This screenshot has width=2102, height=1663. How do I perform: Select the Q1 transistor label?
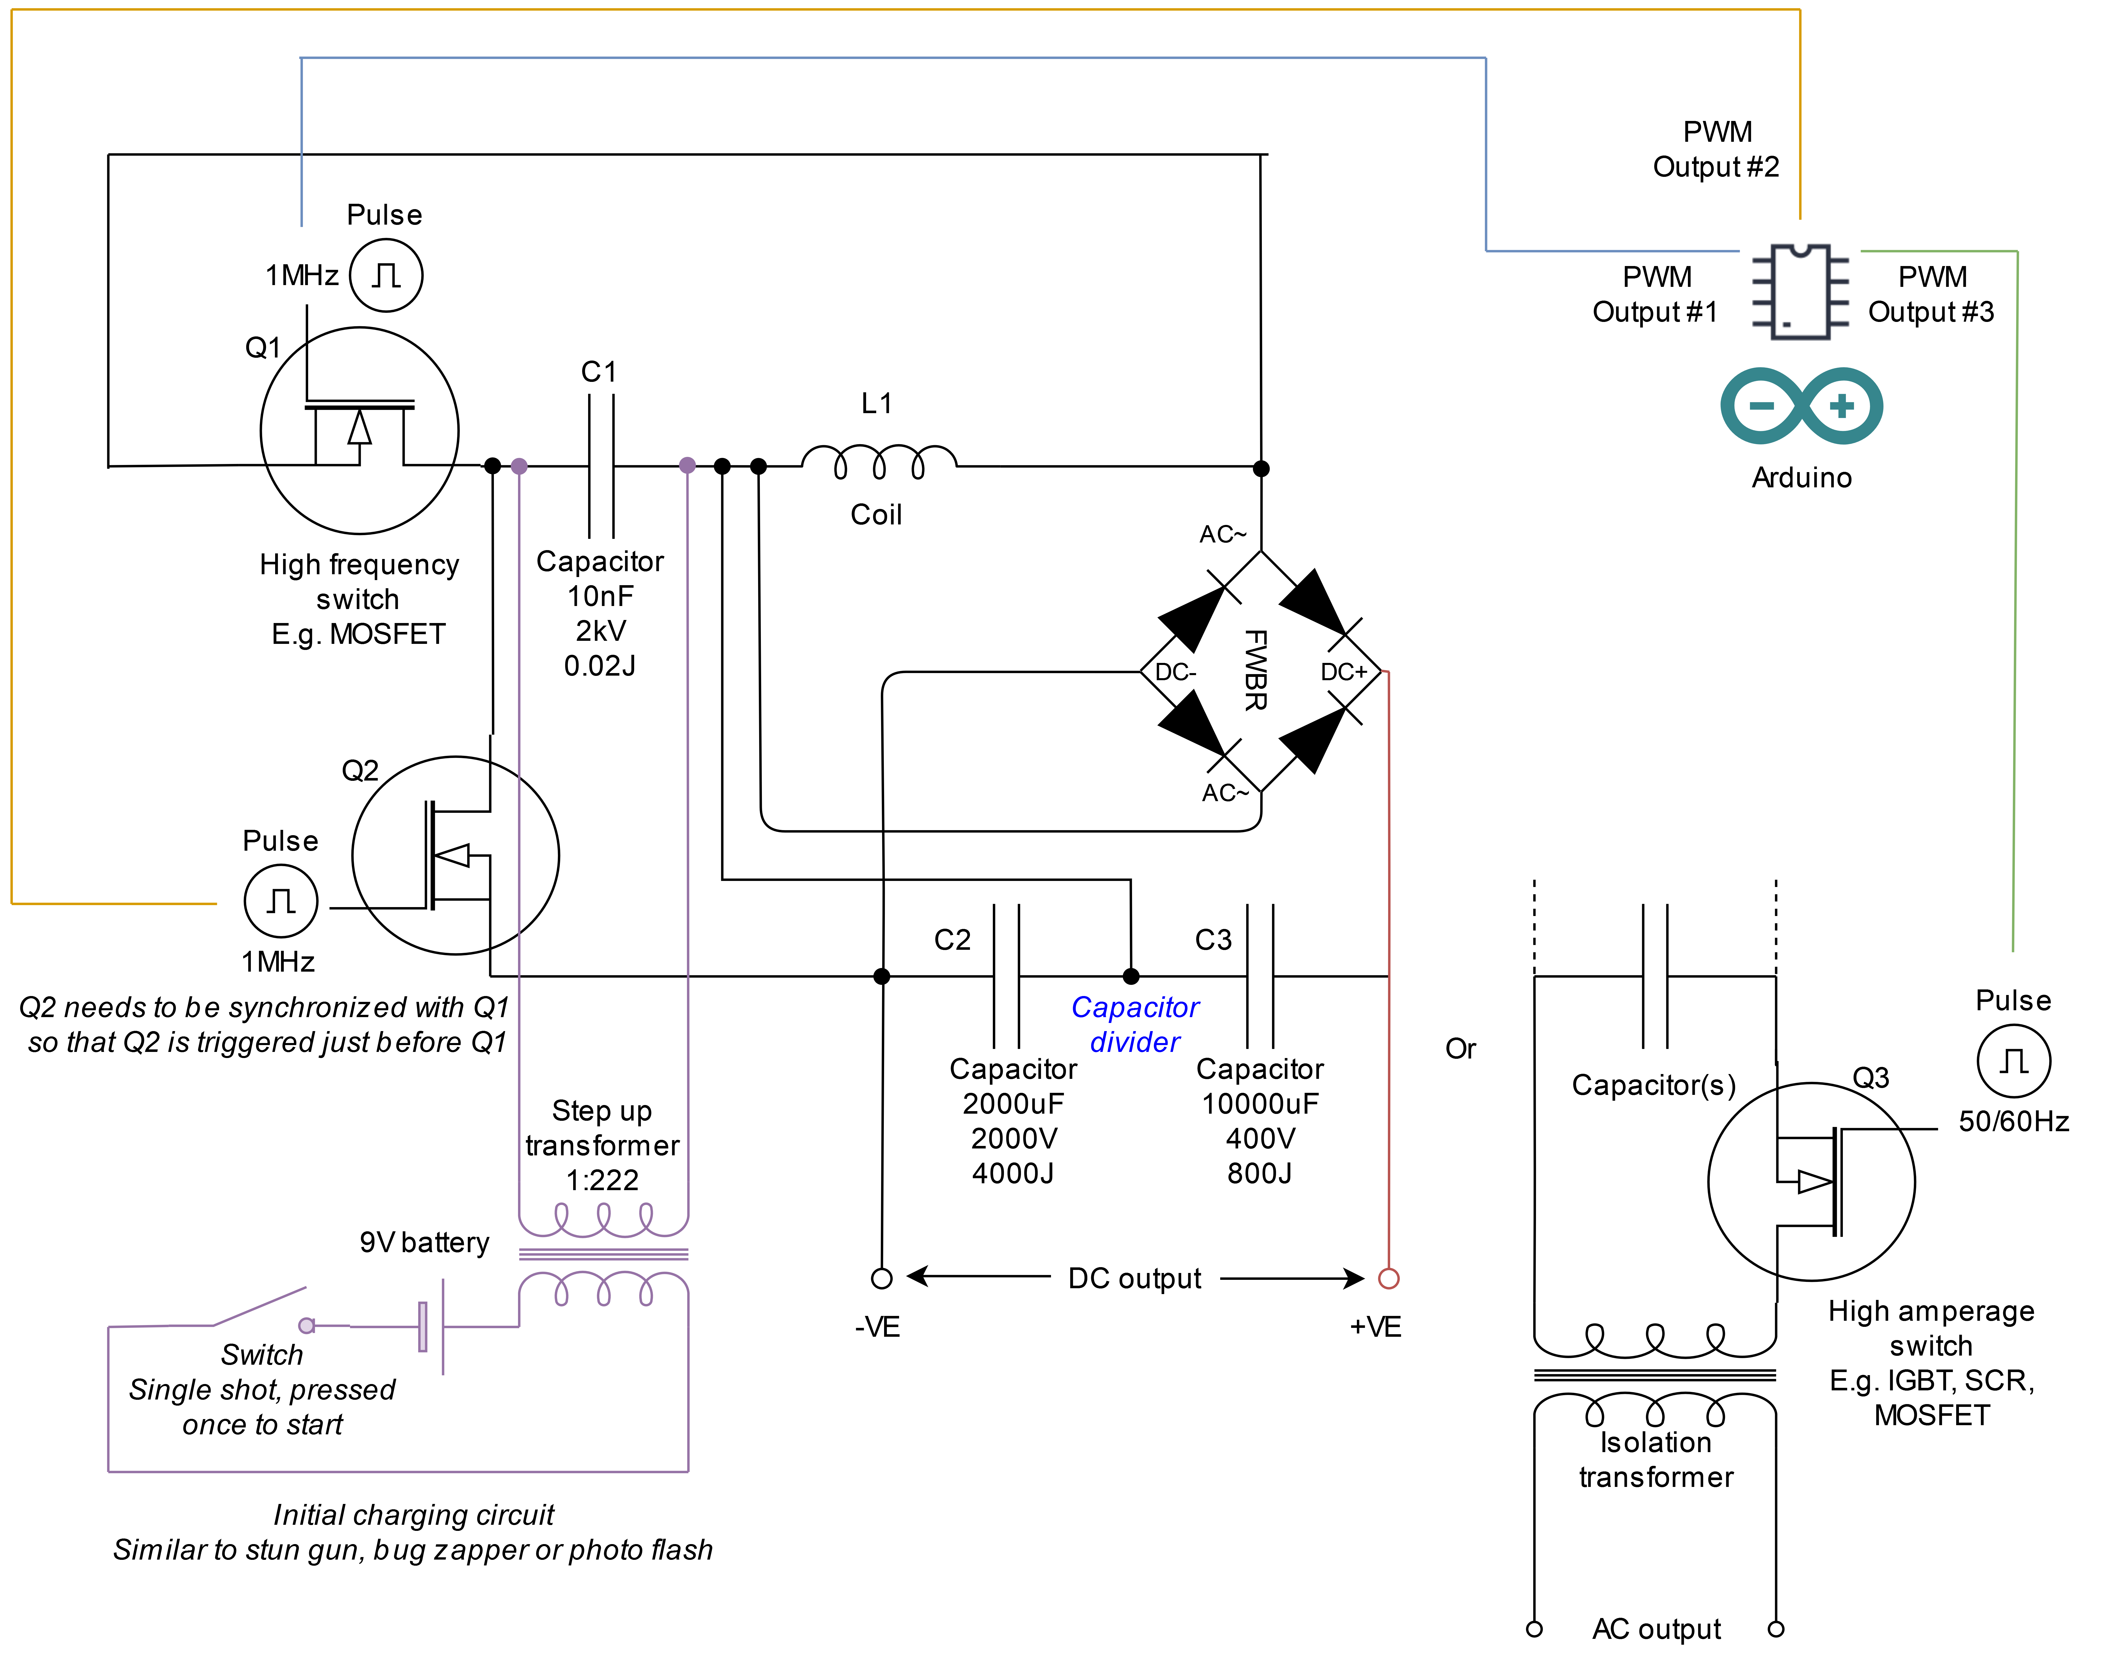click(x=263, y=348)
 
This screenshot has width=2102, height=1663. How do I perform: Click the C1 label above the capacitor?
click(x=599, y=372)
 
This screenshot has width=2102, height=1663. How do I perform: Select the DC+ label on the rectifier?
click(x=1344, y=672)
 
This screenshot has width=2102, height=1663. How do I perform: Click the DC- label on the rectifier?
click(x=1175, y=672)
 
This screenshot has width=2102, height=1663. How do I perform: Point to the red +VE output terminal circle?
click(x=1388, y=1278)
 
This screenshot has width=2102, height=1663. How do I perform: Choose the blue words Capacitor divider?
click(x=1135, y=1024)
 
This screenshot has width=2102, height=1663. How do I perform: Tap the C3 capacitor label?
click(x=1213, y=940)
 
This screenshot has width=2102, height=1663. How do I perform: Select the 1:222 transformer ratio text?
click(x=603, y=1180)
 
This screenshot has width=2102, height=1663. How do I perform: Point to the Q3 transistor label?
click(x=1870, y=1078)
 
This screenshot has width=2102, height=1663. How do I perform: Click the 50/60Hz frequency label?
click(x=2013, y=1122)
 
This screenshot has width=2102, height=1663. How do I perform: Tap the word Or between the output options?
click(x=1460, y=1049)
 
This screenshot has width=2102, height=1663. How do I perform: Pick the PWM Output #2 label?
click(x=1716, y=149)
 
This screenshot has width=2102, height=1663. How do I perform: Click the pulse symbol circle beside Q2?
click(x=280, y=902)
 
